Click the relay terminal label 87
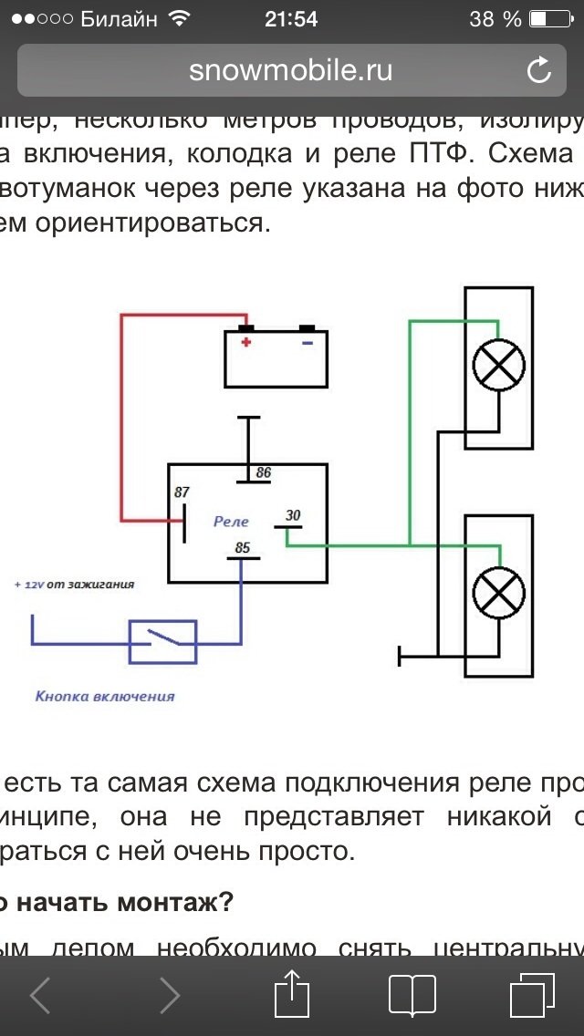click(182, 492)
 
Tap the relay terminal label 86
click(263, 472)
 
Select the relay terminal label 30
click(292, 515)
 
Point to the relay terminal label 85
click(242, 548)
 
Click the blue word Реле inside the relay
click(231, 522)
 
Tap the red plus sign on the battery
click(245, 342)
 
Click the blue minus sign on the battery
click(307, 342)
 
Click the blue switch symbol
click(162, 641)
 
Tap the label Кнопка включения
click(105, 697)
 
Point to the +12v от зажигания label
click(74, 584)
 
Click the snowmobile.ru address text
click(291, 70)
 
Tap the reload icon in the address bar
click(539, 70)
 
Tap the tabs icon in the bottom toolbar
click(531, 993)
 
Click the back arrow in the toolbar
click(40, 993)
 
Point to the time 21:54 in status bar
click(291, 18)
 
